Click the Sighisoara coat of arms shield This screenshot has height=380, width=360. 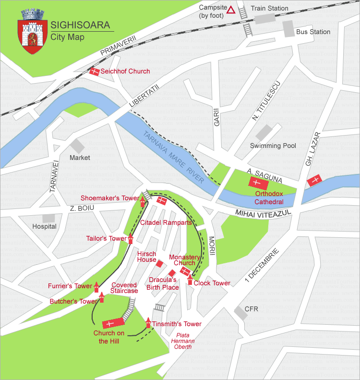point(32,35)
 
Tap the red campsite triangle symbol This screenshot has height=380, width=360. point(231,10)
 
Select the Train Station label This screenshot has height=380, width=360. point(269,8)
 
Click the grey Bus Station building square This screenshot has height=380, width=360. point(288,29)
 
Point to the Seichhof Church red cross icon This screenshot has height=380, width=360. point(95,72)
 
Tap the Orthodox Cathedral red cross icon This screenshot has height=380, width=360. point(255,183)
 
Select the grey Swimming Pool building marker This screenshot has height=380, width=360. point(264,132)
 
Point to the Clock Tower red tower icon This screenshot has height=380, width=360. point(190,280)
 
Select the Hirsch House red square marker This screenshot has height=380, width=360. point(159,263)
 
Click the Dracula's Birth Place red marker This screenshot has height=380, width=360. point(172,273)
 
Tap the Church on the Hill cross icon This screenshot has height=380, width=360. point(110,324)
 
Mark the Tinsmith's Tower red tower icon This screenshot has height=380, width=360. point(148,323)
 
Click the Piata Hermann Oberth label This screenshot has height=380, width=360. point(183,341)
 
